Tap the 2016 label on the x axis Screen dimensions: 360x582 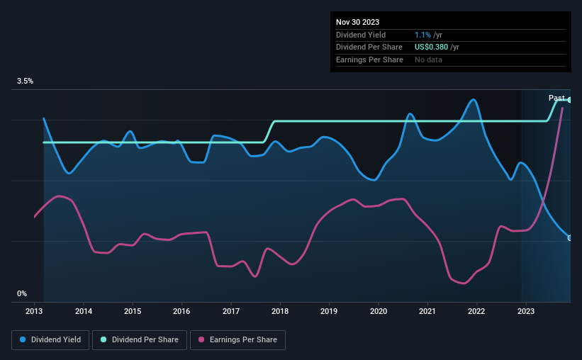tap(181, 311)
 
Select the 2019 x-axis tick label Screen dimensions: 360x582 tap(329, 311)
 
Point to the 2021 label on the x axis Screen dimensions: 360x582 tap(427, 311)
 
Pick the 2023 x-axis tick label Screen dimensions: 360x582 tap(525, 311)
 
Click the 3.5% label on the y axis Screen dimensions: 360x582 tap(25, 81)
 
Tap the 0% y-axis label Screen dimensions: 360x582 tap(22, 293)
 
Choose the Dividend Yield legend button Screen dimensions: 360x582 tap(50, 340)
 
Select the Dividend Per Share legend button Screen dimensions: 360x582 tap(140, 340)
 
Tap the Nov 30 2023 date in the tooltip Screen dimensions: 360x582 tap(358, 22)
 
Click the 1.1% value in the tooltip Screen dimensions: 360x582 tap(422, 35)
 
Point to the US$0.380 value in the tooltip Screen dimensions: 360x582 tap(432, 47)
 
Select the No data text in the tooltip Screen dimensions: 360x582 tap(429, 60)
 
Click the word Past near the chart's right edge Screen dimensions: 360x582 tap(556, 98)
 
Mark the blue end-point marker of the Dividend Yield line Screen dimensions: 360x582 tap(570, 238)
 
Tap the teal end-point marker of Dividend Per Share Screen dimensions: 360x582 tap(570, 100)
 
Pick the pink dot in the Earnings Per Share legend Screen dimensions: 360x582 tap(201, 340)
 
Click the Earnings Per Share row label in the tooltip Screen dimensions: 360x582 tap(369, 60)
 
